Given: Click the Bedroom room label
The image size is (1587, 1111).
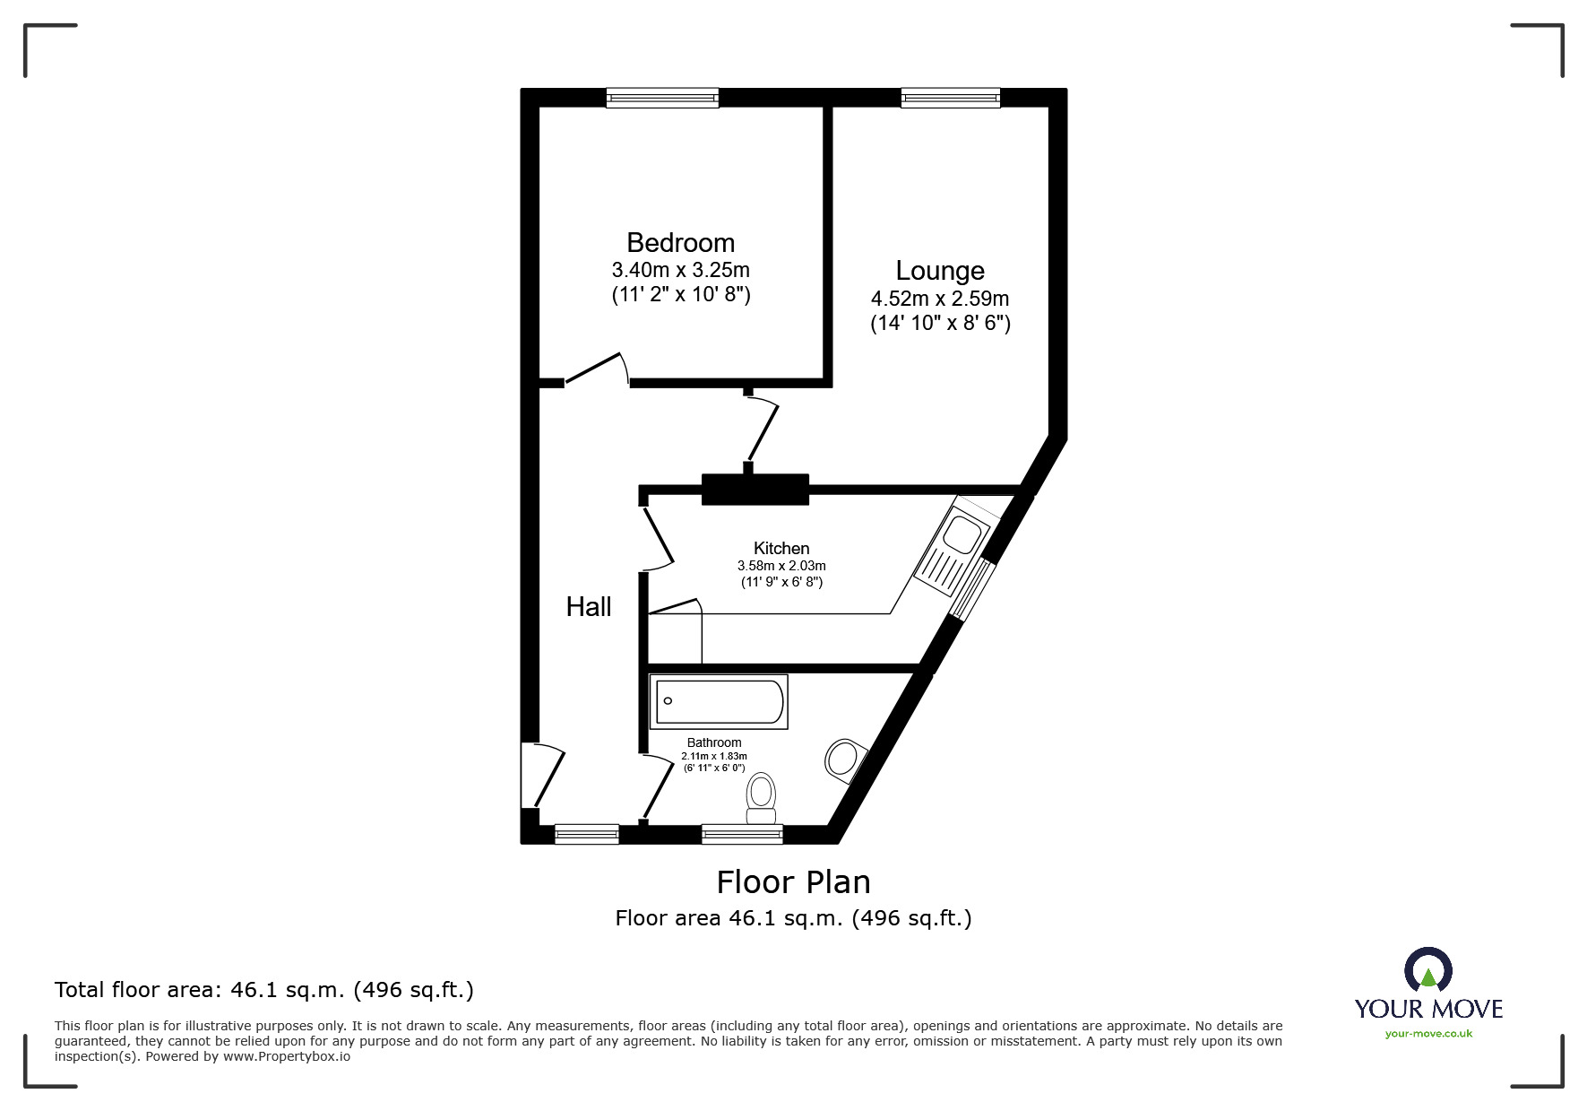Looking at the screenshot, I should coord(680,242).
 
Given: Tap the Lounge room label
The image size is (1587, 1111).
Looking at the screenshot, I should coord(940,270).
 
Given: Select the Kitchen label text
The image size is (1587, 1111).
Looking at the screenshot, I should coord(781,548).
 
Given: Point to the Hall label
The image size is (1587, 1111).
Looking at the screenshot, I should coord(589,607).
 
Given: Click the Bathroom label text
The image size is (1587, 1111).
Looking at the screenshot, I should coord(714,742).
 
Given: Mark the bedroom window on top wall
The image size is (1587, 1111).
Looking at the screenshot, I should coord(662,98).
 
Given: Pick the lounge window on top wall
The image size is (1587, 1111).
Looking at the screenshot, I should coord(950,98).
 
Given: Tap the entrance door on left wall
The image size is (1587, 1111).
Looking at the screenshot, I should coord(543,774).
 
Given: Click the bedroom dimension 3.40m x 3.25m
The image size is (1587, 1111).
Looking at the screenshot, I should coord(680,270).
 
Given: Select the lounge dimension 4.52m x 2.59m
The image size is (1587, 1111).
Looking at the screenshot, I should coord(940,299).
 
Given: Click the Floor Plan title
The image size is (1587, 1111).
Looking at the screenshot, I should coord(793,882).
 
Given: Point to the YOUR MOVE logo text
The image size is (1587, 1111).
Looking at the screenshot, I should coord(1428,1009).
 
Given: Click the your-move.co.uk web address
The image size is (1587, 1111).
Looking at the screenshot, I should coord(1428,1034).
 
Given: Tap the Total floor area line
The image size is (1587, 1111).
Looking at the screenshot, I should coord(264,990).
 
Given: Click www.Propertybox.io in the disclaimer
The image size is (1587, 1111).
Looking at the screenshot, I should coord(287,1056).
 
